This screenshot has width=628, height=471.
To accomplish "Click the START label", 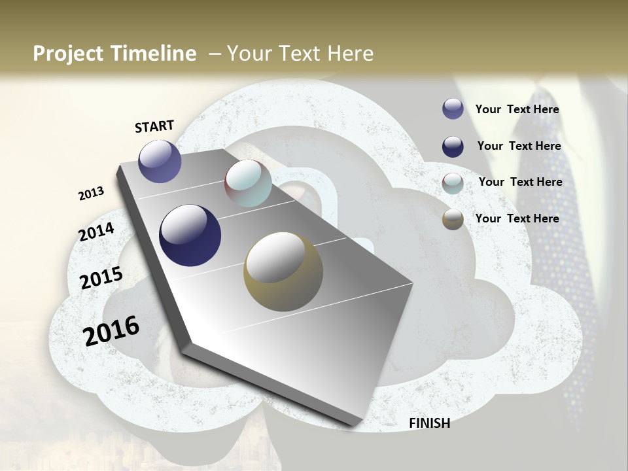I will click(x=154, y=126).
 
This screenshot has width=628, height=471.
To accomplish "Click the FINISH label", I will click(x=429, y=423).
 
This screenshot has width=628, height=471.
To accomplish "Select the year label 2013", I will click(x=91, y=194).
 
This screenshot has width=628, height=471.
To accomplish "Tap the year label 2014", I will click(x=96, y=232).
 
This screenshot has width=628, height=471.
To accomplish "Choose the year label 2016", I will click(x=111, y=331).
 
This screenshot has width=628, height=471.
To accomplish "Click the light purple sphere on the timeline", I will click(x=160, y=161).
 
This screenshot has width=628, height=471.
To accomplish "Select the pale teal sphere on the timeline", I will click(x=248, y=183).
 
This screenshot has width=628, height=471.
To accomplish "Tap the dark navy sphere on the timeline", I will click(x=190, y=235).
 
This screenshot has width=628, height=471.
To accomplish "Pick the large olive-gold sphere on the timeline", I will click(x=283, y=271).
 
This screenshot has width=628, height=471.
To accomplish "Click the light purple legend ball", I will click(x=453, y=109).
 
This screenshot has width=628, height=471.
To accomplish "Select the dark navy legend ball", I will click(x=453, y=147).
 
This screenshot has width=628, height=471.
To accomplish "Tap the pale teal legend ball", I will click(x=453, y=183).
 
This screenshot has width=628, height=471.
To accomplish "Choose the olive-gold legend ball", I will click(x=453, y=220).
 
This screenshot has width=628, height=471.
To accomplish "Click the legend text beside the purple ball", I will click(x=517, y=110).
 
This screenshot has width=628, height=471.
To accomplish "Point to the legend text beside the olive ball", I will click(x=517, y=218).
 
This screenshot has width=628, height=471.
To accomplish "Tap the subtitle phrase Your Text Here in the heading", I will click(x=300, y=54).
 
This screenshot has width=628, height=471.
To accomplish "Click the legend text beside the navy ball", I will click(x=519, y=146).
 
